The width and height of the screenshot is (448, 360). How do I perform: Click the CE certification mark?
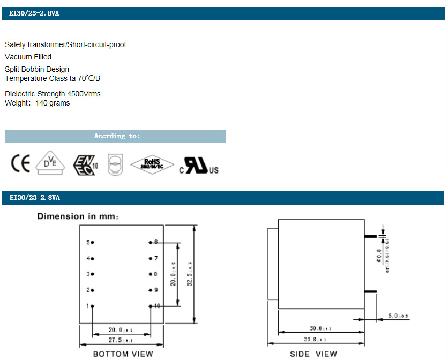point(20,164)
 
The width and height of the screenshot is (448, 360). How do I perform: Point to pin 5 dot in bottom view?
point(93,243)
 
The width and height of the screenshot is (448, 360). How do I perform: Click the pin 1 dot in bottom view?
point(93,306)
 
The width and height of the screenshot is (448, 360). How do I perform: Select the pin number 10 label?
point(156,306)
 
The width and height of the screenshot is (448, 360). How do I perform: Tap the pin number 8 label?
point(155,274)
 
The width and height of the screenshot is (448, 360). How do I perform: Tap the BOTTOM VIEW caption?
point(123,354)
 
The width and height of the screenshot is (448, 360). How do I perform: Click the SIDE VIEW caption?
point(313,354)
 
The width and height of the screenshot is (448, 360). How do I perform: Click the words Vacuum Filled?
point(28,57)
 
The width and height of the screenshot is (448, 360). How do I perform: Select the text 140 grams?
point(53,103)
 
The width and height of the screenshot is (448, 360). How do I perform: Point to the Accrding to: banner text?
point(117,136)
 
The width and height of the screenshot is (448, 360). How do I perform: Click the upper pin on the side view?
point(371,236)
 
